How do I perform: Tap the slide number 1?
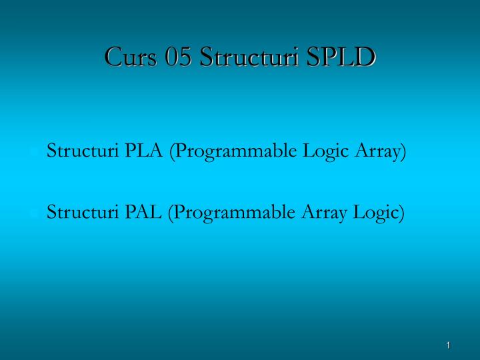coord(449,345)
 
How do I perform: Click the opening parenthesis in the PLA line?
coord(173,152)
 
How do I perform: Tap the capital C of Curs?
coord(113,57)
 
